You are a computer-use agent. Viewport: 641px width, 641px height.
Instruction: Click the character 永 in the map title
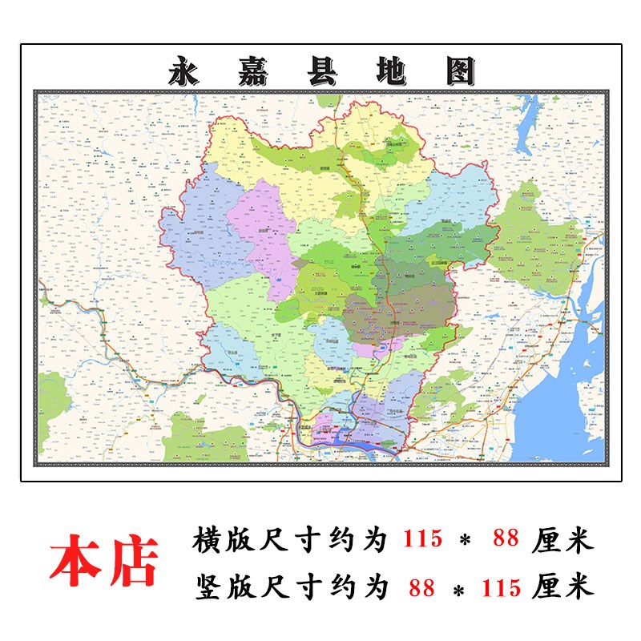187,71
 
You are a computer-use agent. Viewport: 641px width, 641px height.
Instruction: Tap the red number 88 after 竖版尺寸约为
421,588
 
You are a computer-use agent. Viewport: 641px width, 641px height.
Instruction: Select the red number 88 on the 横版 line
506,539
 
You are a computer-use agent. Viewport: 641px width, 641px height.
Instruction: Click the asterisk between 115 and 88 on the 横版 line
465,541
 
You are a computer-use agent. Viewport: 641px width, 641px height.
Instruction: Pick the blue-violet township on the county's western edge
196,232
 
